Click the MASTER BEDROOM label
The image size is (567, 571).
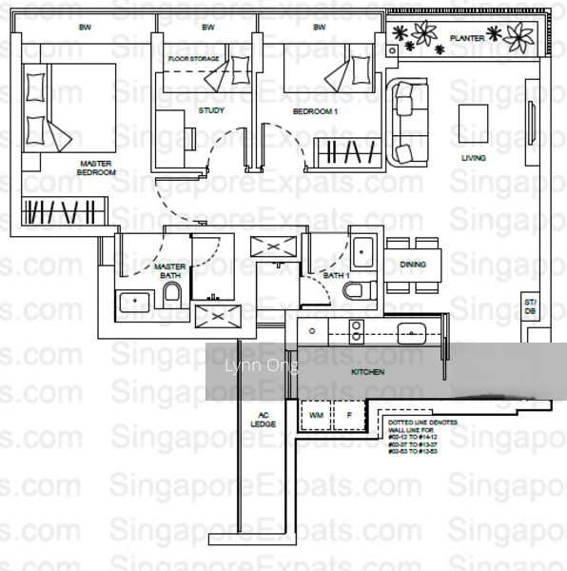pos(96,167)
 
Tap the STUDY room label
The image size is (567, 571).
pos(211,110)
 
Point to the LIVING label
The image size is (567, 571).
pos(473,158)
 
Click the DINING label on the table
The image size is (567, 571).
pos(413,265)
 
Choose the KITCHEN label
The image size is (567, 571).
pos(368,372)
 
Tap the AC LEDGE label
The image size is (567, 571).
pos(264,419)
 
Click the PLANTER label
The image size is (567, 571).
pos(467,38)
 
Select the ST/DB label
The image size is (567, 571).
pos(530,309)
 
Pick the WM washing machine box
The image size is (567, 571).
pos(315,416)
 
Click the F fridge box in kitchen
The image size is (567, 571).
pos(349,416)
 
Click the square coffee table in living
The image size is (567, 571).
pos(473,122)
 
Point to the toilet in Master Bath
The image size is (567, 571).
pos(172,292)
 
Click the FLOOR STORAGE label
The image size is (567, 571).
pos(194,59)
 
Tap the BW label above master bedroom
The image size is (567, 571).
pos(84,28)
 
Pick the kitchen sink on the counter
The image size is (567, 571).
pos(412,332)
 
